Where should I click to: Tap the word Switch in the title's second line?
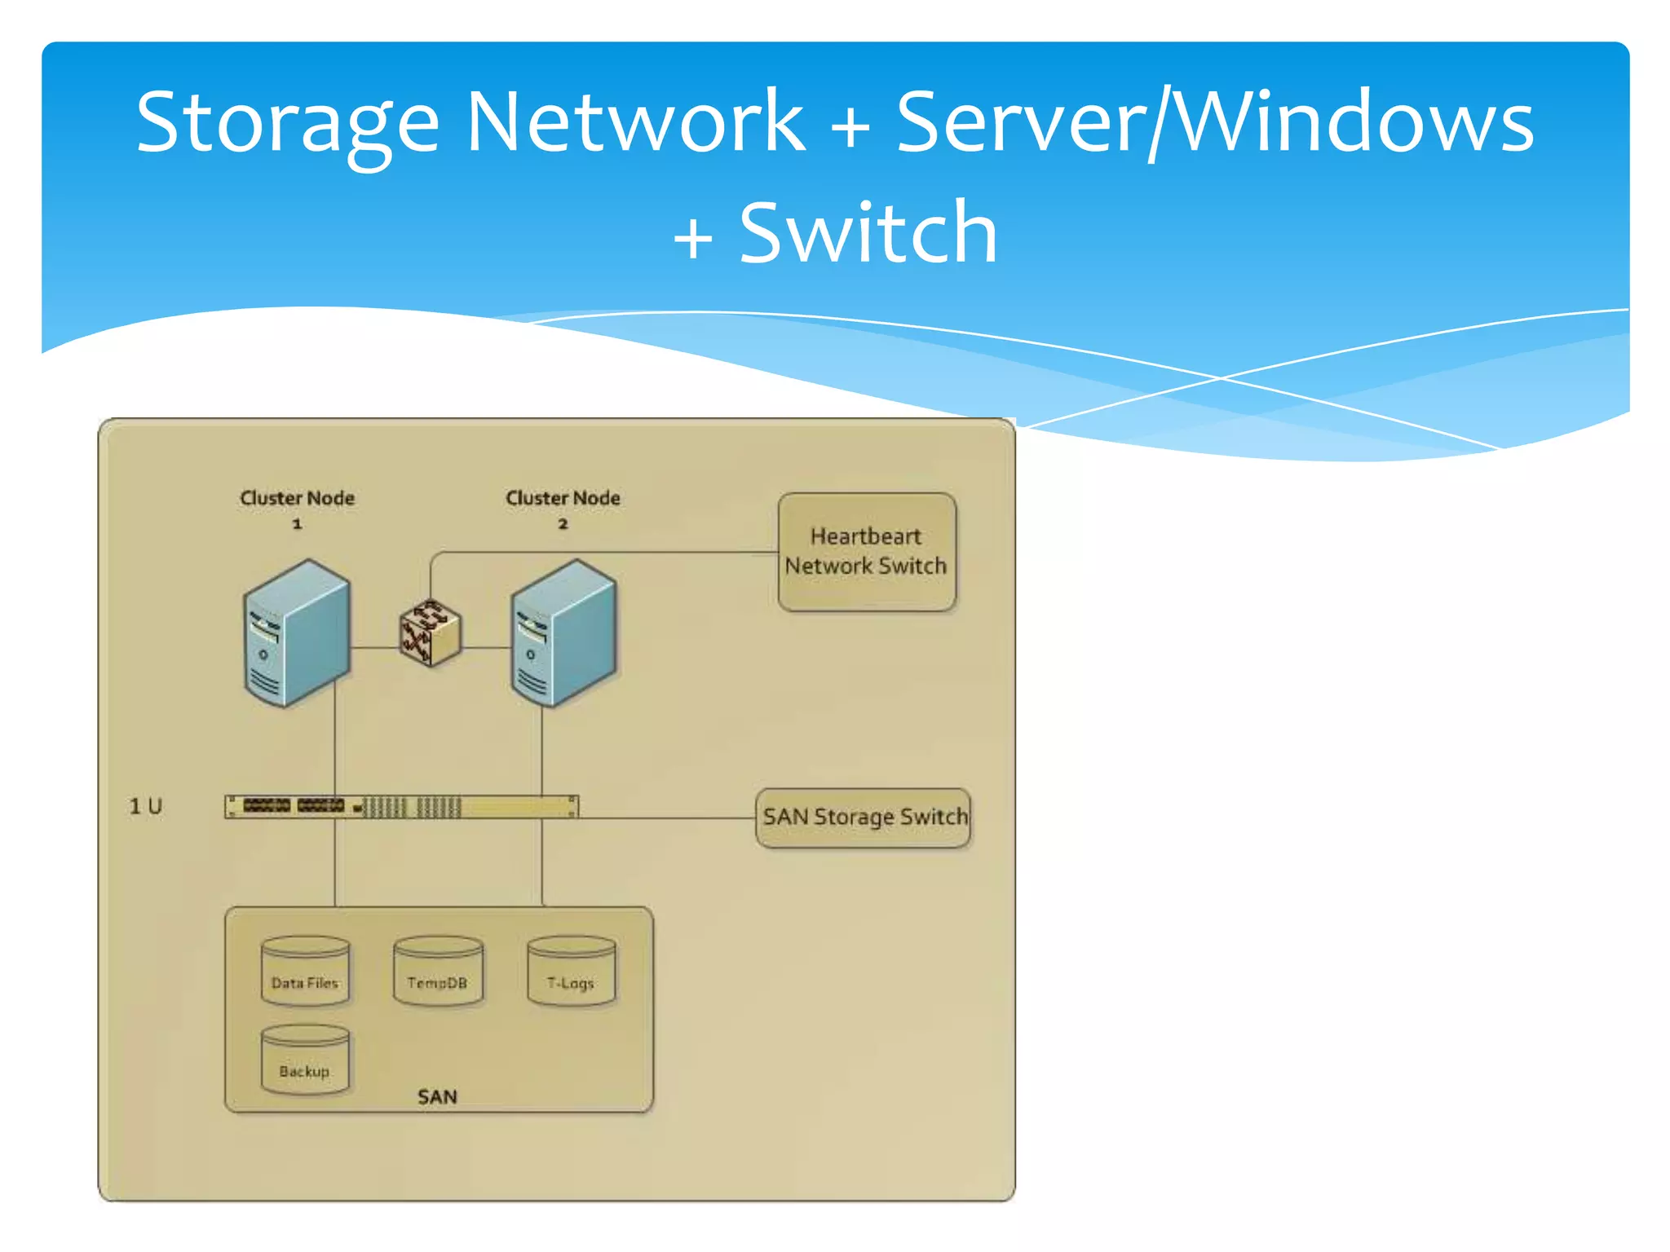[x=868, y=234]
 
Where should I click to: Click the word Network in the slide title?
[x=635, y=122]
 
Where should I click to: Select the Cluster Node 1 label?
[x=297, y=507]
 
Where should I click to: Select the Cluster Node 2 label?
[x=563, y=507]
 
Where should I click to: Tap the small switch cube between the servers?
[x=430, y=633]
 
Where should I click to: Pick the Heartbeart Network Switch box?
[x=866, y=552]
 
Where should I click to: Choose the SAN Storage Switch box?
[x=864, y=818]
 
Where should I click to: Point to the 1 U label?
[x=146, y=807]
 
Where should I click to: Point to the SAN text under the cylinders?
[x=437, y=1097]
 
